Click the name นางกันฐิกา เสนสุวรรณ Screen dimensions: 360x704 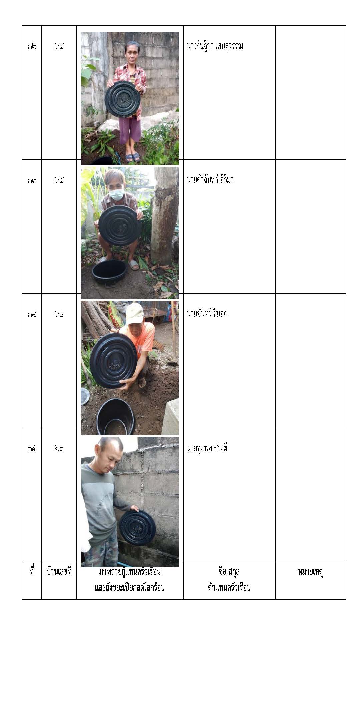point(214,46)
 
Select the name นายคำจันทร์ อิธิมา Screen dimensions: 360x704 point(210,180)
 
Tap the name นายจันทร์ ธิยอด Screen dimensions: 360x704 point(207,314)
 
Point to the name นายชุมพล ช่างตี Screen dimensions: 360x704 point(207,448)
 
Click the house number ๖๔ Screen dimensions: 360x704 point(59,46)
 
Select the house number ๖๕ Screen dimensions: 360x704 point(59,180)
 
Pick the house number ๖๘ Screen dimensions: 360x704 point(59,314)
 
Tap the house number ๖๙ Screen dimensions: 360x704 point(59,448)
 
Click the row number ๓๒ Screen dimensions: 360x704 point(32,46)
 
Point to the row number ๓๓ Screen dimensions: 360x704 point(32,180)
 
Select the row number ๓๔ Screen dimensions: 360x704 point(32,314)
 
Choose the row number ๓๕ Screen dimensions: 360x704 point(32,448)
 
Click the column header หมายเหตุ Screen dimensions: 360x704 point(310,572)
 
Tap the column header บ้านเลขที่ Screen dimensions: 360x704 point(59,572)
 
